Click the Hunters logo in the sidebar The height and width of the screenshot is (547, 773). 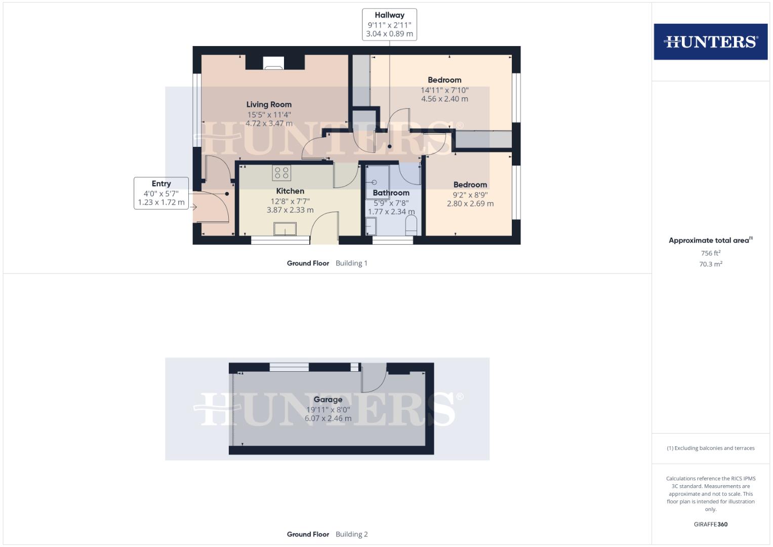pyautogui.click(x=710, y=42)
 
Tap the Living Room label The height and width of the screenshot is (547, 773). pyautogui.click(x=269, y=104)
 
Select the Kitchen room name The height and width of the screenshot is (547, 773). pyautogui.click(x=290, y=191)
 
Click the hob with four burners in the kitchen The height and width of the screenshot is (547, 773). pyautogui.click(x=281, y=173)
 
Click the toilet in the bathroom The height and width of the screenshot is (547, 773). pyautogui.click(x=411, y=225)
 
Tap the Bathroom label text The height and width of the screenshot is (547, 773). pyautogui.click(x=391, y=192)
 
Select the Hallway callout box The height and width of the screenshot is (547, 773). pyautogui.click(x=389, y=24)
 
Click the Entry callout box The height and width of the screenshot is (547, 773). pyautogui.click(x=161, y=193)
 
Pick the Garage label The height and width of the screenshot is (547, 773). pyautogui.click(x=328, y=399)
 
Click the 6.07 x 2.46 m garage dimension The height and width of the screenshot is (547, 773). pyautogui.click(x=328, y=418)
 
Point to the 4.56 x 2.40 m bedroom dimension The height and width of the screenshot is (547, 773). pyautogui.click(x=444, y=99)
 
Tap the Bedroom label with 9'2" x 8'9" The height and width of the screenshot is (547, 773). pyautogui.click(x=470, y=185)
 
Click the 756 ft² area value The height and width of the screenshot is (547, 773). pyautogui.click(x=710, y=253)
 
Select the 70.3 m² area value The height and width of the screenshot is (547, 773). pyautogui.click(x=710, y=264)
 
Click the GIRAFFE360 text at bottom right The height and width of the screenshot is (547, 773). pyautogui.click(x=710, y=524)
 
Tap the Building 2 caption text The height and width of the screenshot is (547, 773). pyautogui.click(x=351, y=534)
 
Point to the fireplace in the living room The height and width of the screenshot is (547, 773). pyautogui.click(x=274, y=63)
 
